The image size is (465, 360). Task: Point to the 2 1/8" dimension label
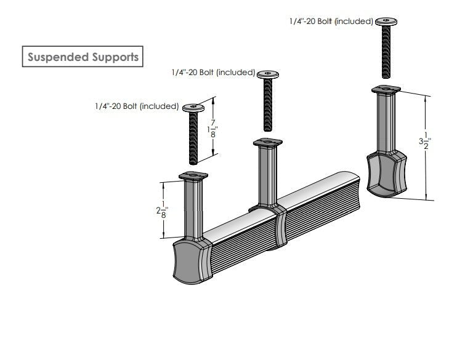pyautogui.click(x=162, y=210)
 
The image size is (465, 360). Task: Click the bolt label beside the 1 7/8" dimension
pyautogui.click(x=137, y=106)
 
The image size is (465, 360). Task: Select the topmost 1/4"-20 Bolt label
pyautogui.click(x=331, y=22)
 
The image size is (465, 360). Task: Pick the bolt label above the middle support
pyautogui.click(x=213, y=73)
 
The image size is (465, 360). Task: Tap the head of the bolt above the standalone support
pyautogui.click(x=386, y=21)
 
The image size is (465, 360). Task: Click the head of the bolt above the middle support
pyautogui.click(x=268, y=74)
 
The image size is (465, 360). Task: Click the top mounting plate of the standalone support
pyautogui.click(x=386, y=90)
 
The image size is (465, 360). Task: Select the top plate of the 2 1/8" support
pyautogui.click(x=195, y=177)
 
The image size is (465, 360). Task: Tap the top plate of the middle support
pyautogui.click(x=268, y=143)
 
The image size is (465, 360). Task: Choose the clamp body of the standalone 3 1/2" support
pyautogui.click(x=387, y=175)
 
